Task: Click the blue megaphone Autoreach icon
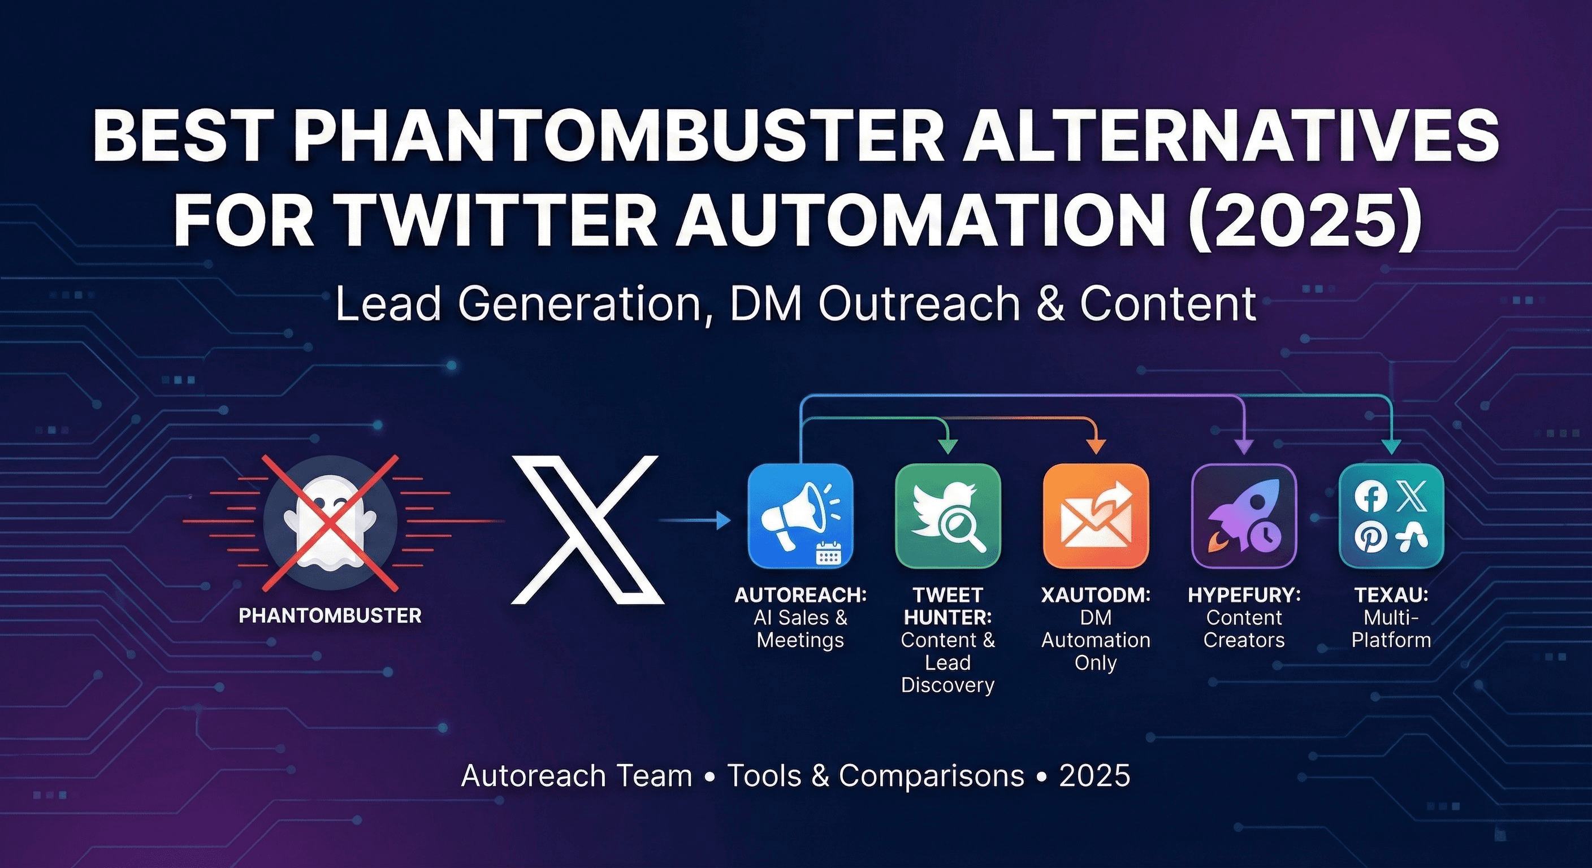(801, 516)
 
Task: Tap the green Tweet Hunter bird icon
(948, 516)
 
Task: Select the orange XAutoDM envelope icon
(1095, 516)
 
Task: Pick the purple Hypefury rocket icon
(1243, 516)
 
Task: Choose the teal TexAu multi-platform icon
(1391, 516)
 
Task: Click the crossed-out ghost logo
(330, 522)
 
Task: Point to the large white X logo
(587, 530)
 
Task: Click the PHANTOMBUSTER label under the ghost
(330, 616)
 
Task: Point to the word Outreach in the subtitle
(919, 303)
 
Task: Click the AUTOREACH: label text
(801, 596)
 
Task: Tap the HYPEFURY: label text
(1243, 596)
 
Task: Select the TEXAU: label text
(1391, 596)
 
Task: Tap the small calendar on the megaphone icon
(828, 554)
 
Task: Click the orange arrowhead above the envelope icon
(1096, 446)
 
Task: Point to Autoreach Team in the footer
(577, 776)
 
